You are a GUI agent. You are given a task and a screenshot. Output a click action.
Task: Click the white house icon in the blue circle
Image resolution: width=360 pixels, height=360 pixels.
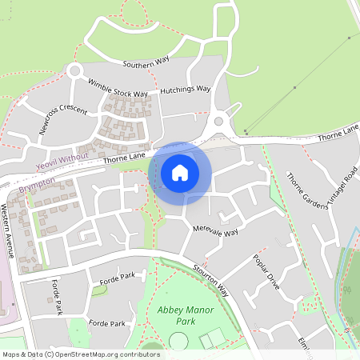coord(180,171)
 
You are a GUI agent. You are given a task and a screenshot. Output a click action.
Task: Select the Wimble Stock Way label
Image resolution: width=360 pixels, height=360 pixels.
coord(118,87)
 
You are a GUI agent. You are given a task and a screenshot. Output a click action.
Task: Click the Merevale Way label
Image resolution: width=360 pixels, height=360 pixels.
coord(216,231)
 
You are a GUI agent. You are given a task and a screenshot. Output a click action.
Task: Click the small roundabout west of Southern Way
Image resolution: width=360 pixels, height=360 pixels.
coord(75,70)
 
